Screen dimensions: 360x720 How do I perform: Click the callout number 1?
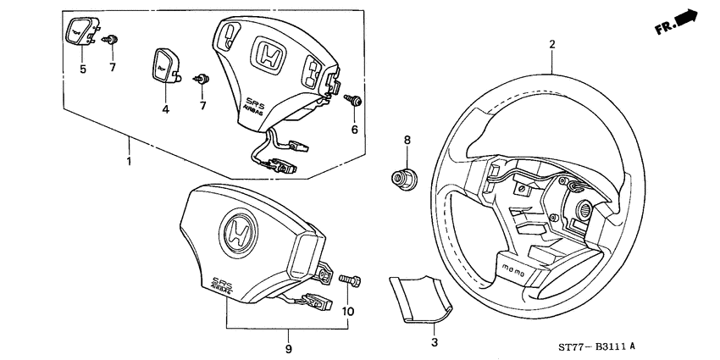tap(128, 161)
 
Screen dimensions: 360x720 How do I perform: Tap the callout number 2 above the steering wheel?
tap(551, 44)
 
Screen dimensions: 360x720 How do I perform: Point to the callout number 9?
tap(288, 348)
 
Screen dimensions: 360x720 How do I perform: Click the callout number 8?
tap(407, 140)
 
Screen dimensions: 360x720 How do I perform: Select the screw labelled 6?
tap(355, 101)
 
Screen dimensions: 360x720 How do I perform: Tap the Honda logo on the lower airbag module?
tap(235, 230)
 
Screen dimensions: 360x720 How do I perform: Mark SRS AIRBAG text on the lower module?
tap(226, 285)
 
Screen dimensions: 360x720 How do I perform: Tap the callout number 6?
tap(354, 129)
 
